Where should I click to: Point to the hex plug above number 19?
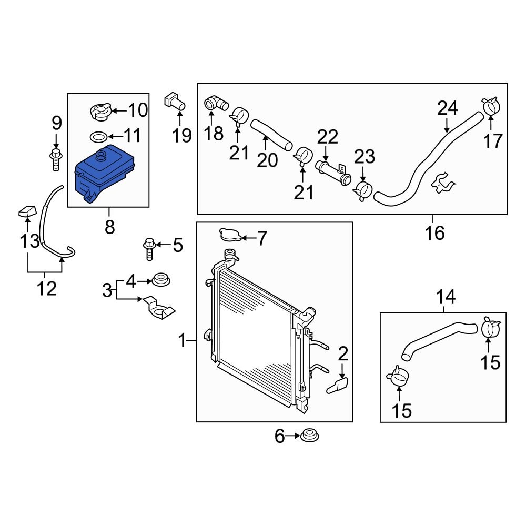(176, 101)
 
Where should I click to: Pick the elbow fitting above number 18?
(215, 104)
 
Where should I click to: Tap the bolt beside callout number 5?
(149, 249)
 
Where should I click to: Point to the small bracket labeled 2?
(338, 386)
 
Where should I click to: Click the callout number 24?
(447, 109)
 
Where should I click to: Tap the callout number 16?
(435, 232)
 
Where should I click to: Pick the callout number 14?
(445, 298)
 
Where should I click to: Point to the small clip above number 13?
(26, 213)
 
